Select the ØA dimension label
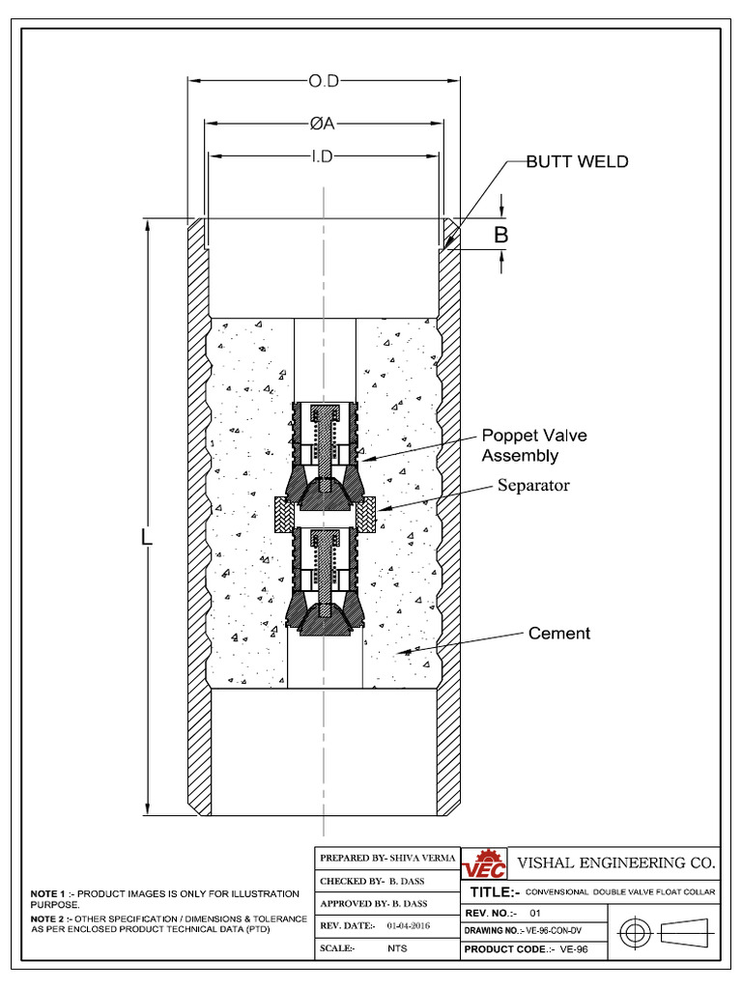[324, 124]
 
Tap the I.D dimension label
[323, 156]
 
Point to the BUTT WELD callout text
[577, 162]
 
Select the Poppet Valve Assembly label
[533, 445]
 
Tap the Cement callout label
[558, 634]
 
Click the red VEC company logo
[483, 863]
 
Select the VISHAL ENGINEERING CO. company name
[616, 862]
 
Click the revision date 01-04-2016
[408, 925]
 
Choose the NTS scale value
[396, 949]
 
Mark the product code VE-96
[574, 949]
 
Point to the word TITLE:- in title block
[495, 892]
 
